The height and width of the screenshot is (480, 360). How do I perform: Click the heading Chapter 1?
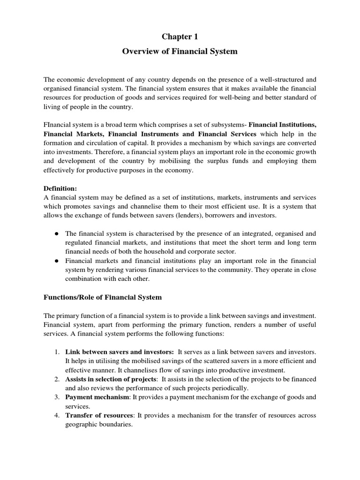tap(180, 37)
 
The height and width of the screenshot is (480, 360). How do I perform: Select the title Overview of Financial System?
tap(180, 52)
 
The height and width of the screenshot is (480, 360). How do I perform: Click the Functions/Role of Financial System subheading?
tap(103, 297)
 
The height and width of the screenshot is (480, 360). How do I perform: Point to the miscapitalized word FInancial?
tap(58, 125)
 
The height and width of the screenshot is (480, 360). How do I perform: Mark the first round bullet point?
tap(56, 233)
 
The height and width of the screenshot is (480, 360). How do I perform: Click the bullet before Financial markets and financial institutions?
tap(56, 260)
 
